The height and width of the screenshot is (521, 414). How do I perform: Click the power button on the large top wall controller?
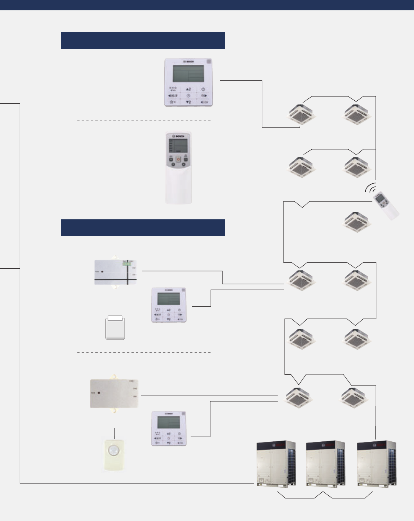203,89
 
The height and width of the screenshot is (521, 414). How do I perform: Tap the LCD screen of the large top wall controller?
188,73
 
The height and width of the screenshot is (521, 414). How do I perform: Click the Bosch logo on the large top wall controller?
189,62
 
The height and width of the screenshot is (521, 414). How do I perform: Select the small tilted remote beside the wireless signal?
386,206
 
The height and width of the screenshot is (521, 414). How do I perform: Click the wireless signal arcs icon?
370,188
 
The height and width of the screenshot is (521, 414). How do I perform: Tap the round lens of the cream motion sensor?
114,449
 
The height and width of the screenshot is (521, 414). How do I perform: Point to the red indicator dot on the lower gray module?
99,393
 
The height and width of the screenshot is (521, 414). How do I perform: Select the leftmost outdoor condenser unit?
276,463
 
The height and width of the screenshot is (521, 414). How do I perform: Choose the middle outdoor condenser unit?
326,463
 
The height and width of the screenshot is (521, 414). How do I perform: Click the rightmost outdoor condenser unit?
376,463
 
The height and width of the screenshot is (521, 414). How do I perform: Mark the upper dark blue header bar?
143,41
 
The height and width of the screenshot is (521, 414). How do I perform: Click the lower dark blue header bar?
143,228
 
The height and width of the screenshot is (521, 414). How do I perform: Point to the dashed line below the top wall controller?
143,120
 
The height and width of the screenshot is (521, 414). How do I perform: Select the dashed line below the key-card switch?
143,352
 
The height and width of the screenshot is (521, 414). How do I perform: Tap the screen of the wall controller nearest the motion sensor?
169,422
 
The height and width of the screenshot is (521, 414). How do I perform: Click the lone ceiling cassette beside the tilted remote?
357,222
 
